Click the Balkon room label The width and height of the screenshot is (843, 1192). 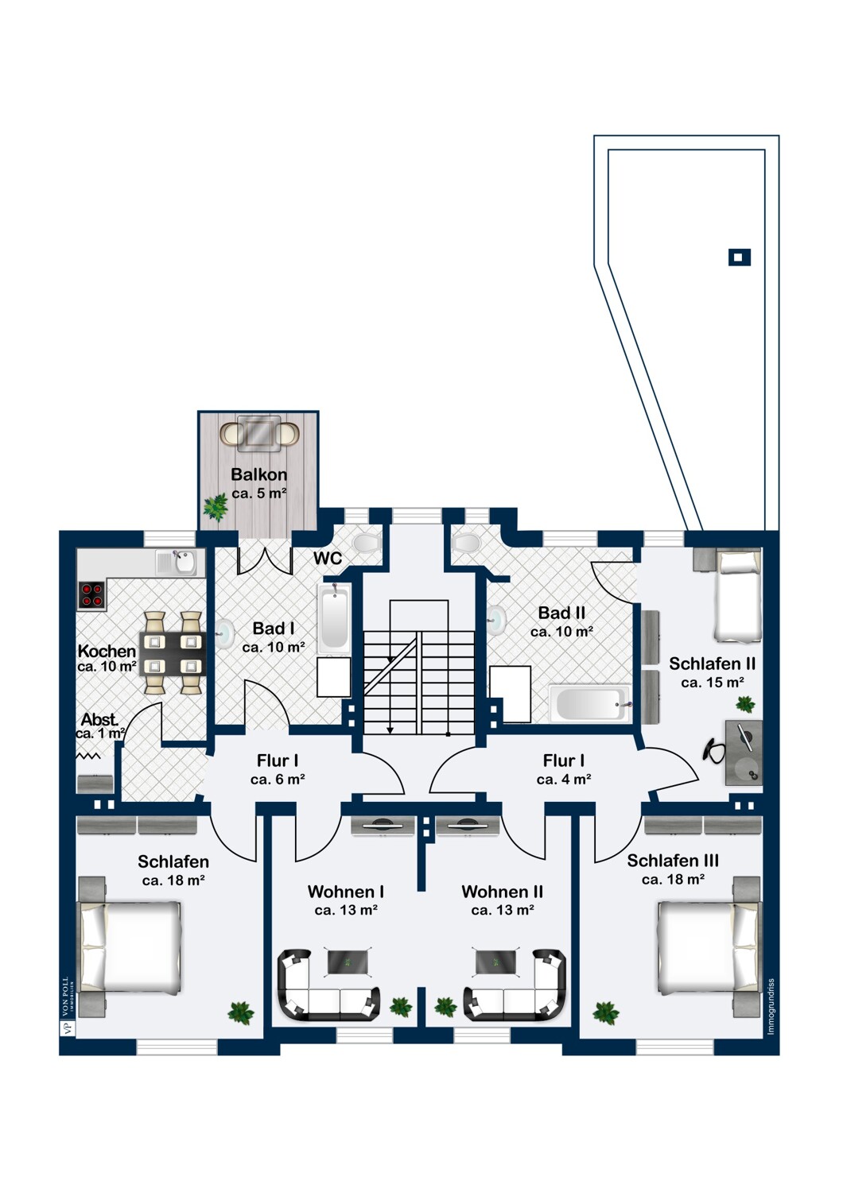pos(258,474)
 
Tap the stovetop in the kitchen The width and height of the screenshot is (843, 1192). pos(92,595)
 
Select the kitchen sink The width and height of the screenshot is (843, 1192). pos(181,563)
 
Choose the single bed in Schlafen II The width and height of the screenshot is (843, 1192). pos(737,597)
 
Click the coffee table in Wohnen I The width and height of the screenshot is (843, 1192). pos(348,962)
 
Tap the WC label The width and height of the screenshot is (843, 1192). pos(328,558)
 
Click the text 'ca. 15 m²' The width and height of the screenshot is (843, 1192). pos(713,682)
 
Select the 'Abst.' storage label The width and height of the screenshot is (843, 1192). pos(99,720)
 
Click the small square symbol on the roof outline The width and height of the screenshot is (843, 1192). pos(739,257)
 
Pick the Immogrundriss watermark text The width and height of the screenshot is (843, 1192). pos(771,1007)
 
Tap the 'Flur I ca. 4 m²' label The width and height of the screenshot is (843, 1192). pos(563,770)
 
